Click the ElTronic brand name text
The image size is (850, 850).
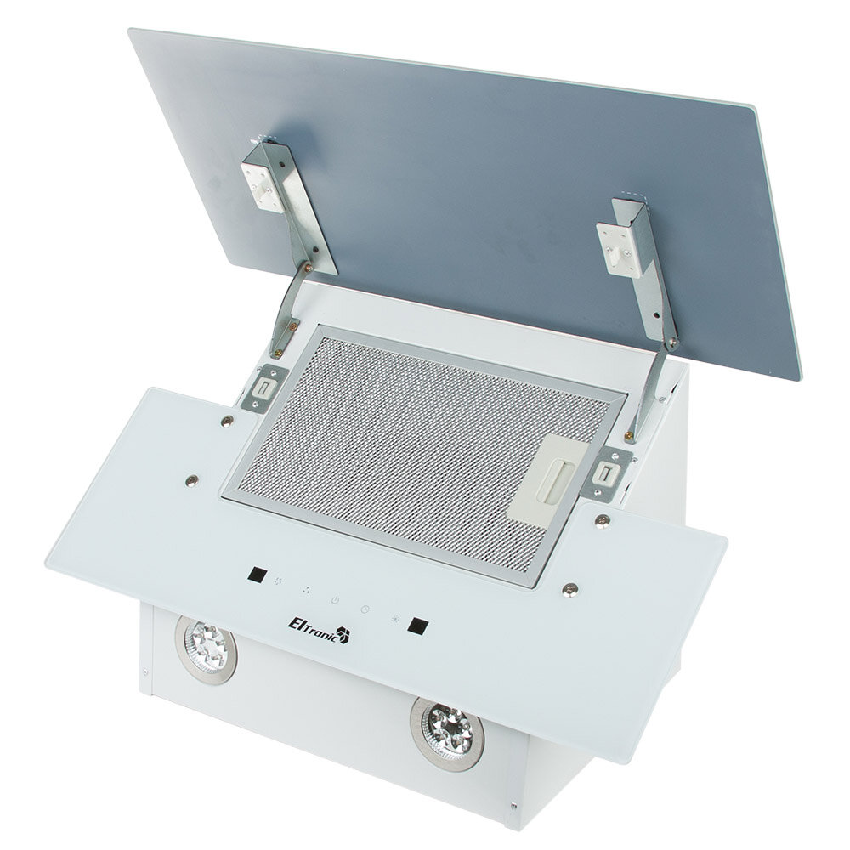click(314, 629)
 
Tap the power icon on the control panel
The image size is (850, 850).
click(336, 600)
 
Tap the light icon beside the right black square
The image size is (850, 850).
click(396, 619)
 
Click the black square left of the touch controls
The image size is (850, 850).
click(258, 575)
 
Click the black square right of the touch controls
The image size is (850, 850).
click(418, 626)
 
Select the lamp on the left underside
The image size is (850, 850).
click(206, 649)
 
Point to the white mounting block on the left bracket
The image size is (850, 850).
click(263, 186)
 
